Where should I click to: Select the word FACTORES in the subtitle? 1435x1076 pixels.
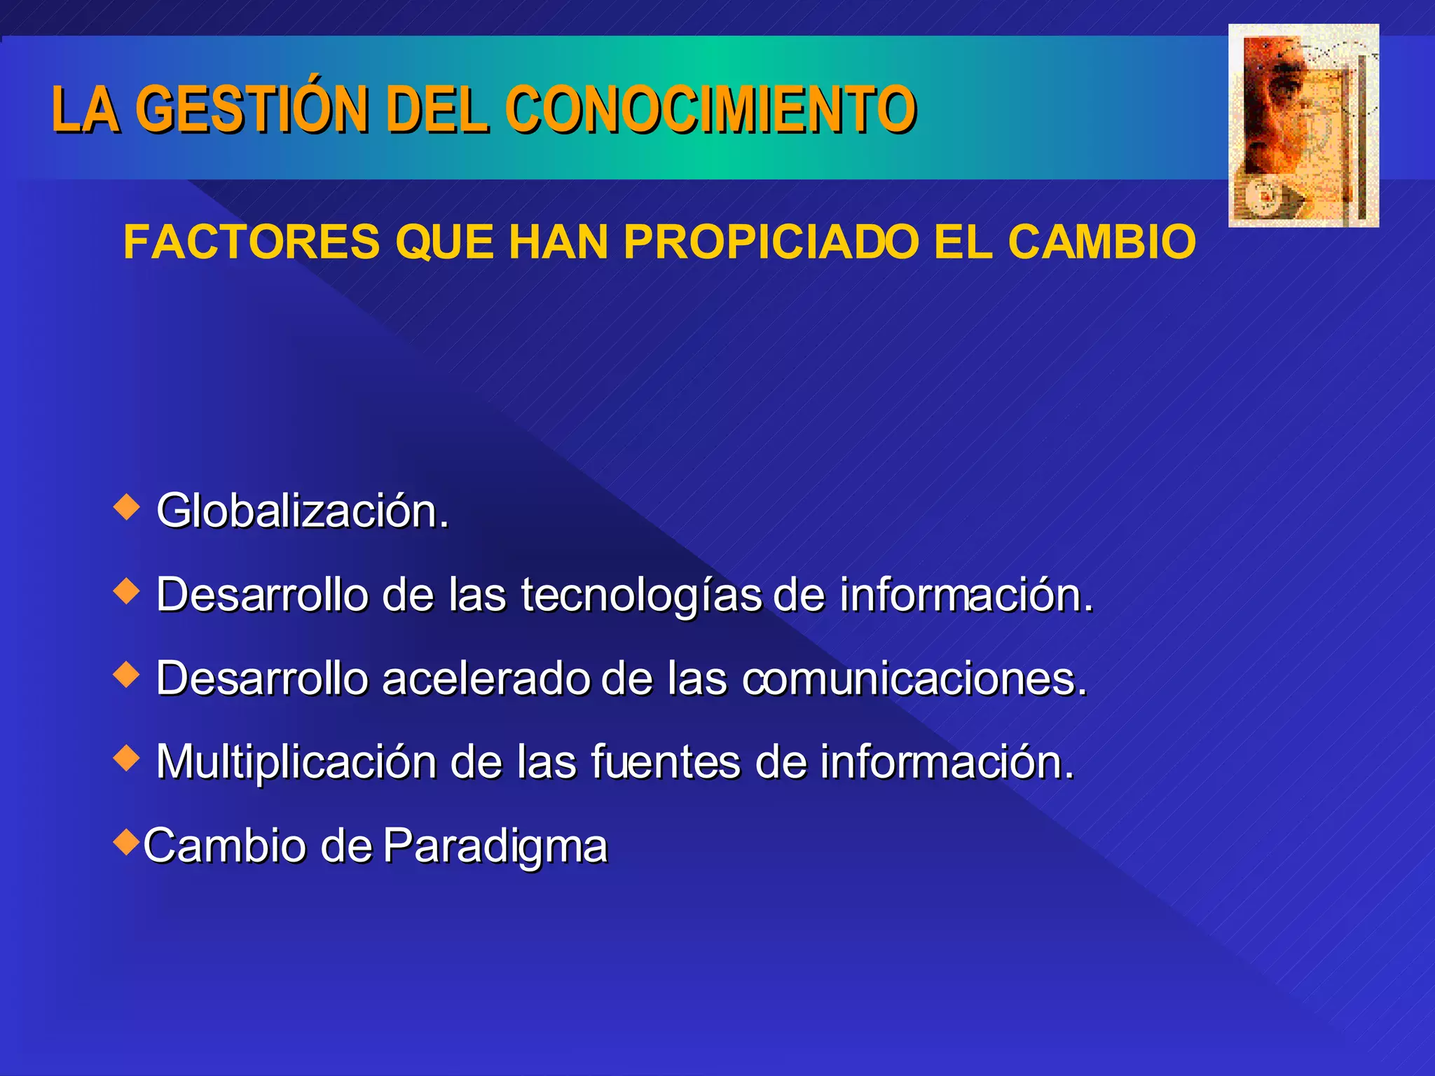[x=251, y=242]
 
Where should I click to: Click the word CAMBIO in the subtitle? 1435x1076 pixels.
[x=1101, y=242]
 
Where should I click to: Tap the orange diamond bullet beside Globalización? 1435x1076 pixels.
[x=127, y=506]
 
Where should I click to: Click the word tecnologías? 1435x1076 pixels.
[x=640, y=595]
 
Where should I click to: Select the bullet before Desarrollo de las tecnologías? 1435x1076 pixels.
[x=127, y=591]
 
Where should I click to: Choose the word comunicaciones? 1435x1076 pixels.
[x=914, y=679]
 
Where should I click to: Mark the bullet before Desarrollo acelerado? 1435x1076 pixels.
[x=127, y=675]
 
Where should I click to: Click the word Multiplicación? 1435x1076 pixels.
[x=296, y=762]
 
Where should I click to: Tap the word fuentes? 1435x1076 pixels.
[x=666, y=762]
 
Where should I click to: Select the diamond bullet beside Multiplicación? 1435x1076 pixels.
[x=127, y=758]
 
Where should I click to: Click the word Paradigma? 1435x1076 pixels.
[x=495, y=846]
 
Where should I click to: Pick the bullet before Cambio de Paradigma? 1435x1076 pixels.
[x=127, y=841]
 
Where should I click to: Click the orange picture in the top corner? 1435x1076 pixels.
[x=1303, y=126]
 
